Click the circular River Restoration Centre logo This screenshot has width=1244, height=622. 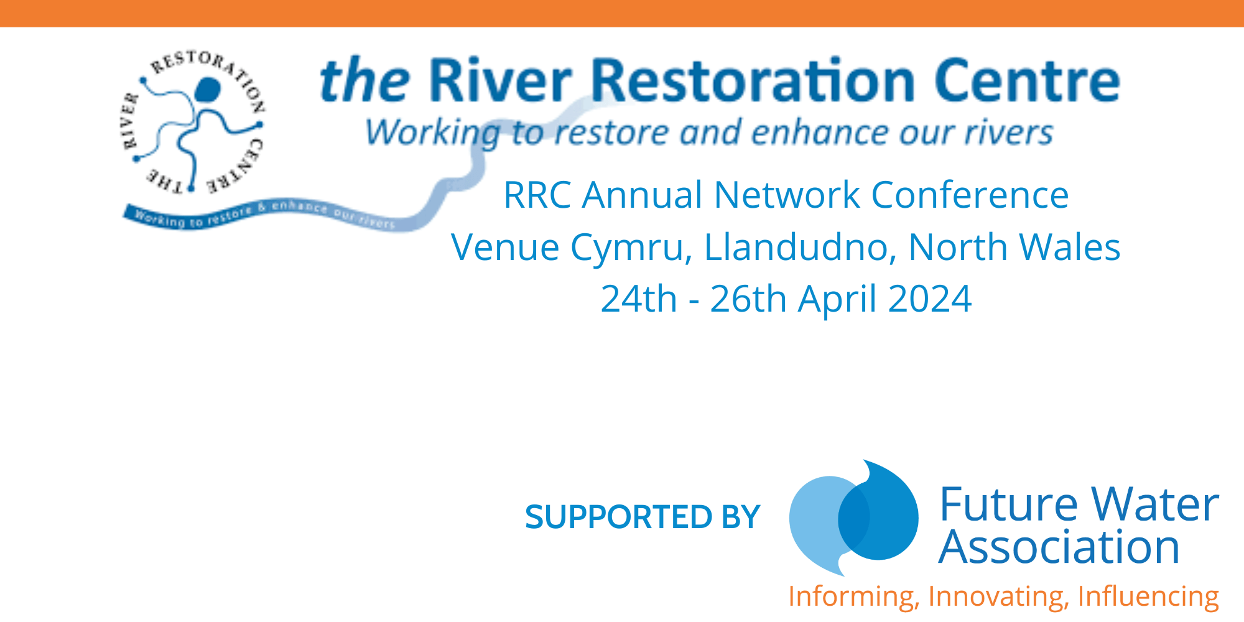192,122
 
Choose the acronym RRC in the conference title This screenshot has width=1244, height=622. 537,195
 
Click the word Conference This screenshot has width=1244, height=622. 970,195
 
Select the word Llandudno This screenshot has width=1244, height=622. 800,247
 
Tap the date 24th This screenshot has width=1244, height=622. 639,299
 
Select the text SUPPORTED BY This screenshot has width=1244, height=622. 643,517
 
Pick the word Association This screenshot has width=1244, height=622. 1059,547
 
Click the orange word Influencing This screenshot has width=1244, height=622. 1148,596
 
